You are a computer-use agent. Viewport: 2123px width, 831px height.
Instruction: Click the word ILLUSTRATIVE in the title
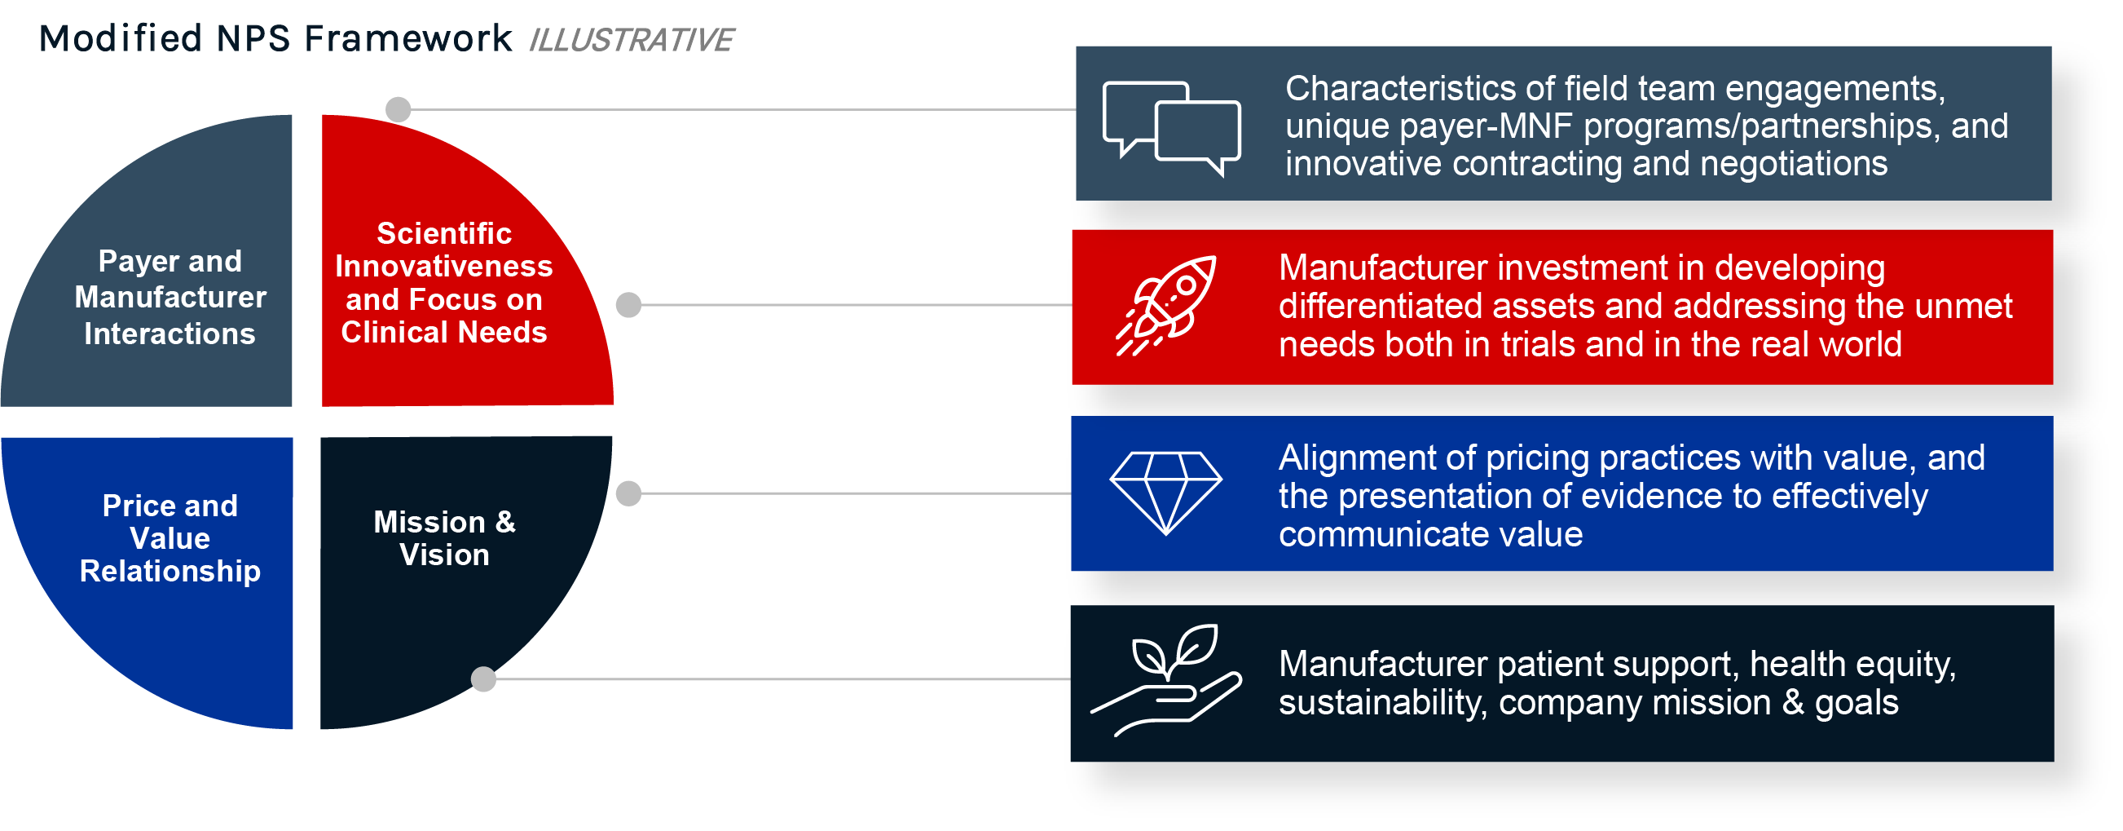[x=631, y=40]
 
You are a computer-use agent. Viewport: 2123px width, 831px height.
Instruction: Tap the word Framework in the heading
[x=408, y=39]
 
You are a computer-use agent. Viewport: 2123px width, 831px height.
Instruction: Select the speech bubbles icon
[x=1171, y=129]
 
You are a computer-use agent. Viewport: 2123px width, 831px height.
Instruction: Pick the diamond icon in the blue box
[x=1166, y=493]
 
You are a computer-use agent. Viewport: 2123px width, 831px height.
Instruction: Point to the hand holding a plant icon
[x=1166, y=680]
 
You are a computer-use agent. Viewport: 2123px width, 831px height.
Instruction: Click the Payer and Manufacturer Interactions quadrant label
[x=170, y=298]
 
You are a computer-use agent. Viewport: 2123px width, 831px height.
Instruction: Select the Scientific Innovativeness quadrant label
[x=444, y=283]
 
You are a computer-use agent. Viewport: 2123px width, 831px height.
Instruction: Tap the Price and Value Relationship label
[x=170, y=538]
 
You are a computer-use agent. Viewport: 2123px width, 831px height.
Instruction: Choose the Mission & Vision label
[x=445, y=538]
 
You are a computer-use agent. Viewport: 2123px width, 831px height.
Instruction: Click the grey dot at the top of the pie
[x=398, y=108]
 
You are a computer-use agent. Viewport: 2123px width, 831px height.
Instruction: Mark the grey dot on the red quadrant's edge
[x=629, y=305]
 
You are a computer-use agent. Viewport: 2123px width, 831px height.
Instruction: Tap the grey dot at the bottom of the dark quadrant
[x=484, y=679]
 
